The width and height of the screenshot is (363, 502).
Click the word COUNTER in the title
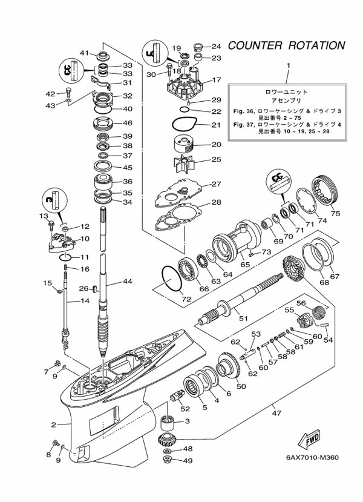click(x=255, y=45)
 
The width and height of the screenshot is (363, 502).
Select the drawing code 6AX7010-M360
click(x=312, y=457)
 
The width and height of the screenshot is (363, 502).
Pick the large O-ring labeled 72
click(x=172, y=279)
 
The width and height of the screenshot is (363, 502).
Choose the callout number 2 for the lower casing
click(x=53, y=425)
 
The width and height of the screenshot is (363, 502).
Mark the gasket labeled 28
click(x=178, y=217)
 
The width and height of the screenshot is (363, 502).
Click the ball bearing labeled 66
click(x=188, y=268)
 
